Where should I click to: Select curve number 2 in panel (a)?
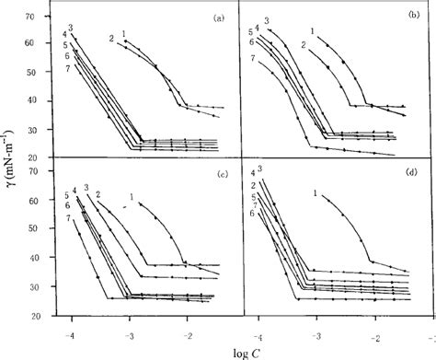(x=111, y=38)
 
